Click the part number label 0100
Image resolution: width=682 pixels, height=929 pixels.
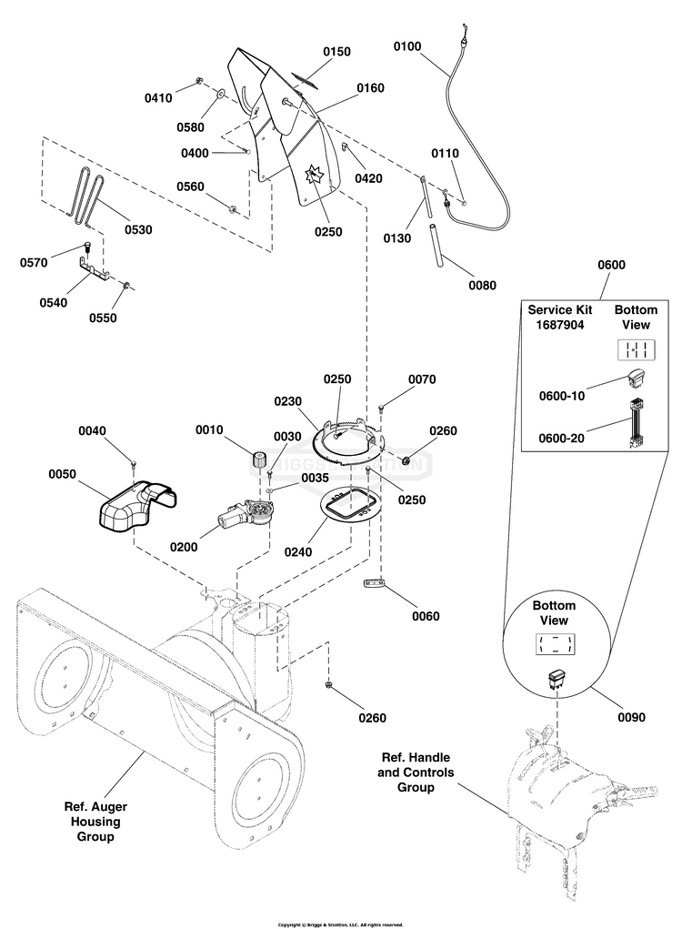pyautogui.click(x=407, y=46)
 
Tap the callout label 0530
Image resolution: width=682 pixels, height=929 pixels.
pyautogui.click(x=138, y=229)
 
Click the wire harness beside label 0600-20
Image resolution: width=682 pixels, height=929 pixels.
pyautogui.click(x=635, y=426)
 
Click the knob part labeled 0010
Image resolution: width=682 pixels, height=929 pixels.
pyautogui.click(x=258, y=458)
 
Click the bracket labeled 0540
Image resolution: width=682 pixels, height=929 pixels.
pyautogui.click(x=92, y=268)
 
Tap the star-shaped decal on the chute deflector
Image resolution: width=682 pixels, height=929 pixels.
pyautogui.click(x=313, y=172)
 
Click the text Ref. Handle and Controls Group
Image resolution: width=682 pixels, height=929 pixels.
pyautogui.click(x=415, y=772)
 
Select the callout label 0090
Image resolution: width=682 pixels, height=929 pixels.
pyautogui.click(x=631, y=717)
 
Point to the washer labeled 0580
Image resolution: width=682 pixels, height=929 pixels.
pyautogui.click(x=221, y=93)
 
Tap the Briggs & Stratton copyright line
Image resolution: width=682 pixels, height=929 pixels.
pyautogui.click(x=340, y=924)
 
